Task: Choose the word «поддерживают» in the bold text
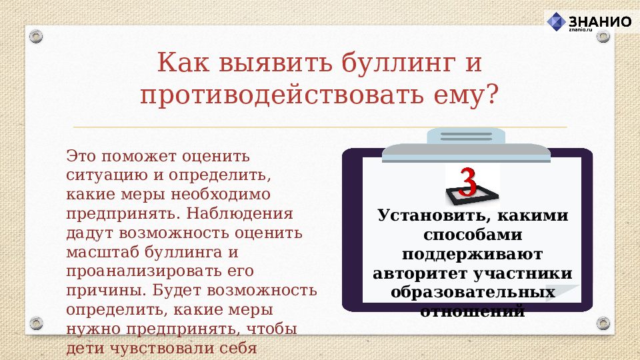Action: pyautogui.click(x=472, y=255)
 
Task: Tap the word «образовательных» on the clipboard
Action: pyautogui.click(x=473, y=293)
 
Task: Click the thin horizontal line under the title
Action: pyautogui.click(x=320, y=127)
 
